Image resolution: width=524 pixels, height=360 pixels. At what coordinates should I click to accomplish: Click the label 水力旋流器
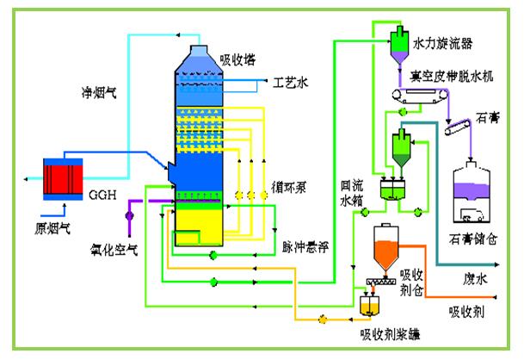point(444,41)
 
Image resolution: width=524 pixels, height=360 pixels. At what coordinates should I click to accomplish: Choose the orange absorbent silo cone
point(385,249)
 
